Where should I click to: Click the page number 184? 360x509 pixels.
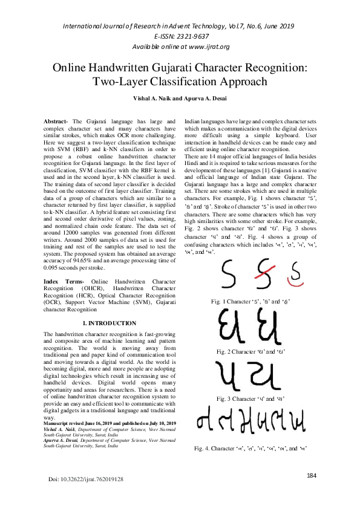coord(312,493)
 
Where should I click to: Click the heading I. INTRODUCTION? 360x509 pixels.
coord(110,323)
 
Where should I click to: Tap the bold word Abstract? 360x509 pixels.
coord(56,122)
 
